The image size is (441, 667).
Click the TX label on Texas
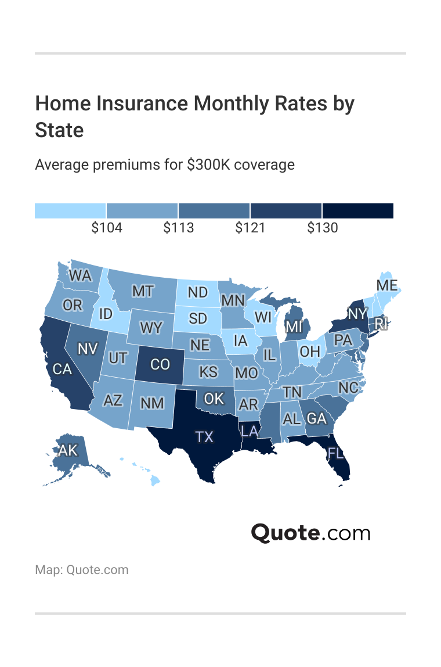204,437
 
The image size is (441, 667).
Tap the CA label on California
62,369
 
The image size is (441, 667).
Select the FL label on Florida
335,453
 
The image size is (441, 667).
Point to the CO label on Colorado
160,364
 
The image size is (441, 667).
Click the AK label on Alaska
67,450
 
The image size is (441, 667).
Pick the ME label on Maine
386,285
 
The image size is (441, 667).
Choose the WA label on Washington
80,275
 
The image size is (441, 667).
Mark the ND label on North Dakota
198,292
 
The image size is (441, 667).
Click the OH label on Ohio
310,352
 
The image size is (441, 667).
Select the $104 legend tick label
107,228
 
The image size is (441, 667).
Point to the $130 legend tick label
323,228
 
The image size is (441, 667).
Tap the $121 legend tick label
250,228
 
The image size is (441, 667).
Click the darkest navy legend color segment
358,211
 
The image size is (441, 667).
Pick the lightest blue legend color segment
70,211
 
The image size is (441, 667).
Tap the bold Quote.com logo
310,533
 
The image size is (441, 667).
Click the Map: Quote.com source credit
82,569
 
